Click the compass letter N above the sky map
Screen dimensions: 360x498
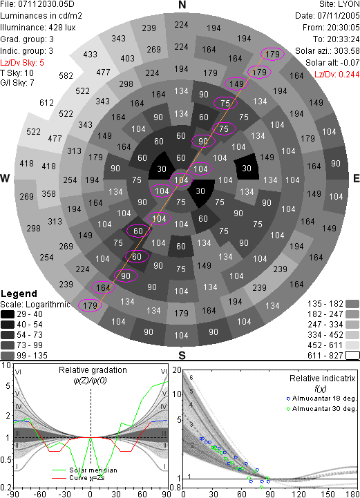[182, 5]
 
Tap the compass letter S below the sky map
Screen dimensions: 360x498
[182, 355]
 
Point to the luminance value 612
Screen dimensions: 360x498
[46, 103]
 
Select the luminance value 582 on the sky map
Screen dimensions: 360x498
[66, 75]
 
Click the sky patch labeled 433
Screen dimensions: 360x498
[91, 55]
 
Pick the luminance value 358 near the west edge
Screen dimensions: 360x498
[48, 193]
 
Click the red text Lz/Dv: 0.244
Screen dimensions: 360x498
[337, 75]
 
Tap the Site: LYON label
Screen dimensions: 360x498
[339, 4]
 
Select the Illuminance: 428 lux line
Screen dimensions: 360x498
[38, 28]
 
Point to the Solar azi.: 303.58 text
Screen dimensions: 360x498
[328, 51]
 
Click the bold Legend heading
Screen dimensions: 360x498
[19, 294]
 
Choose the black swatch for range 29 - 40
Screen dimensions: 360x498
[8, 314]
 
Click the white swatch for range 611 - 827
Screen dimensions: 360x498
[352, 355]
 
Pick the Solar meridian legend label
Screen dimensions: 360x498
[93, 470]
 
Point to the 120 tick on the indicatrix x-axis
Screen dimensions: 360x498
[299, 494]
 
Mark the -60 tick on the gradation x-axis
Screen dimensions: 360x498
[39, 494]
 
